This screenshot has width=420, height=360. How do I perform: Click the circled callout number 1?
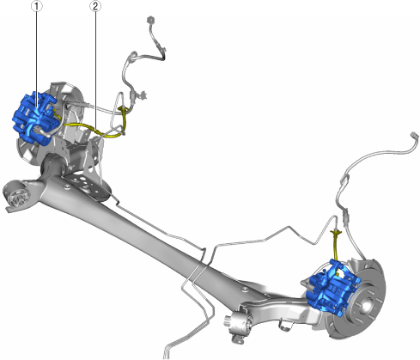[x=37, y=6]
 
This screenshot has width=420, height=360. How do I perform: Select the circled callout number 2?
[x=95, y=6]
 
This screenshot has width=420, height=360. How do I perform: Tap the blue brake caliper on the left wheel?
[x=35, y=118]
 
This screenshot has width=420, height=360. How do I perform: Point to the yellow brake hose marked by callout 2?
[x=94, y=130]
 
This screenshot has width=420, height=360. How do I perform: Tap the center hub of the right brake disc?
[x=367, y=305]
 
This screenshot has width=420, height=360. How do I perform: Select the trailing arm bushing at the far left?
[x=16, y=194]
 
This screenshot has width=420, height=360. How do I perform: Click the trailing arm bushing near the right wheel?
[x=240, y=324]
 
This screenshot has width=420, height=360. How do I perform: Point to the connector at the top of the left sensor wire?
[x=150, y=20]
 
